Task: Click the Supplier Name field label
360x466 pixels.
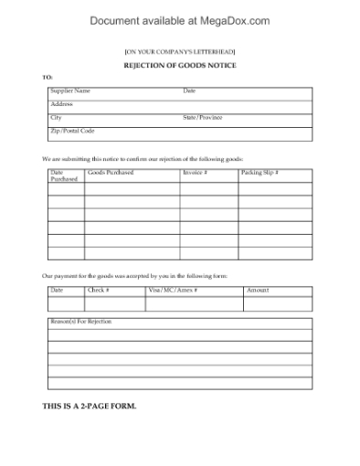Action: click(x=70, y=91)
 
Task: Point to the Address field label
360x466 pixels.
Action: click(x=62, y=104)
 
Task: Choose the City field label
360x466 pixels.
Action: click(x=57, y=118)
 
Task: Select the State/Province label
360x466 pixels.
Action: click(x=203, y=118)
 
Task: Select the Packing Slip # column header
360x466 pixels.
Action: click(x=259, y=172)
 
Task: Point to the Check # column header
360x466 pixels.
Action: click(x=99, y=290)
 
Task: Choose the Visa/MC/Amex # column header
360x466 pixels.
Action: click(x=173, y=290)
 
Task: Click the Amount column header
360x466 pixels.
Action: click(x=259, y=290)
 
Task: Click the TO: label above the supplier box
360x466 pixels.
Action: click(x=48, y=77)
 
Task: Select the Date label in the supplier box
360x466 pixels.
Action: click(x=189, y=91)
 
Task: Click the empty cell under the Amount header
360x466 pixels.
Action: click(x=278, y=303)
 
